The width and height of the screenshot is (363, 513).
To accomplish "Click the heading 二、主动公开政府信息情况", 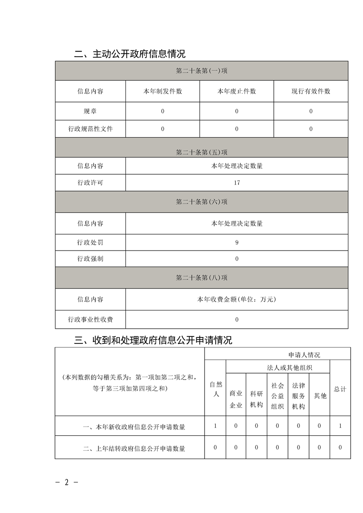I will click(130, 54).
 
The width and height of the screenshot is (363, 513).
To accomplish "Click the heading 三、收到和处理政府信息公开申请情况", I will click(153, 340).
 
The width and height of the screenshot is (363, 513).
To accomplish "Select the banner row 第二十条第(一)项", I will click(201, 71).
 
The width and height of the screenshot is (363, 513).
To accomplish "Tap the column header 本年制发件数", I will click(163, 91).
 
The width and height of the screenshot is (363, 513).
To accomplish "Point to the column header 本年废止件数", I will click(237, 91).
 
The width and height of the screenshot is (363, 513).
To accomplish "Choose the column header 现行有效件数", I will click(311, 91).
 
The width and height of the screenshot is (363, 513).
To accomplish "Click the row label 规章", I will click(90, 111).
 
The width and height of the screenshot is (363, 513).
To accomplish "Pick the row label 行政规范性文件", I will click(90, 129).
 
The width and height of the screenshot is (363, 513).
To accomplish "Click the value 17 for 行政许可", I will click(237, 183).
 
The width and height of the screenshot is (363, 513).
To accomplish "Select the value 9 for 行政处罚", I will click(237, 243).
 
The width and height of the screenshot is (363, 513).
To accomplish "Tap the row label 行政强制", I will click(90, 259).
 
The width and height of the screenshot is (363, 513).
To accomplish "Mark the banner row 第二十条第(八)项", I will click(201, 278).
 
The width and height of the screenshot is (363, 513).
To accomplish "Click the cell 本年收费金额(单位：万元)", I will click(237, 299).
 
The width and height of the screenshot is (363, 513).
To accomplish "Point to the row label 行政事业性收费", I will click(90, 320).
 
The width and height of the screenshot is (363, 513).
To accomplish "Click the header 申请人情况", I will click(304, 355).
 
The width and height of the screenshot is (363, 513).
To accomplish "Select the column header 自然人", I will click(215, 389).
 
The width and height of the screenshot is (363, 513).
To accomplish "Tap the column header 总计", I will click(340, 389).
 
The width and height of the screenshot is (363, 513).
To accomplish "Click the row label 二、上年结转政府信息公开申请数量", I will click(134, 449).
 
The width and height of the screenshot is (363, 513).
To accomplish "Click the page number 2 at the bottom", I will click(66, 482).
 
